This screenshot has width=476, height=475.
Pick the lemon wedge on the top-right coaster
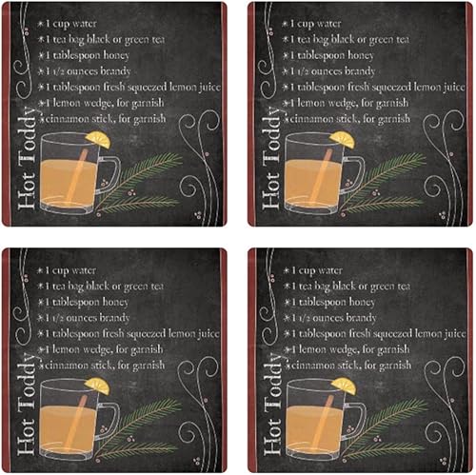(343, 139)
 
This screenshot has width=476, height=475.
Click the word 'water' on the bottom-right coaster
(330, 269)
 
